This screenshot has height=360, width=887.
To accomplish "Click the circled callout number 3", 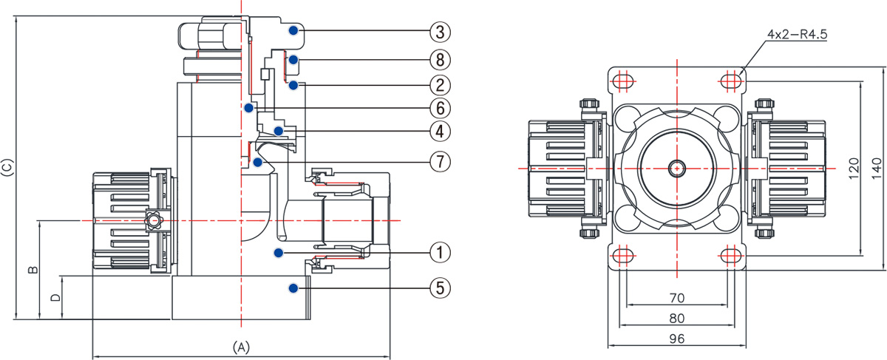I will pos(440,32).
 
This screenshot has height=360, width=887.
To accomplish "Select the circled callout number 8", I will pos(440,58).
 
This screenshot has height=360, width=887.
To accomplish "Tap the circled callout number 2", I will pos(440,84).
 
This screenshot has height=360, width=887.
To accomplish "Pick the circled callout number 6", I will pos(440,108).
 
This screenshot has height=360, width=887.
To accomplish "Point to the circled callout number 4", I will pos(440,132).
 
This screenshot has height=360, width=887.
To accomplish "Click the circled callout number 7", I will pos(440,160).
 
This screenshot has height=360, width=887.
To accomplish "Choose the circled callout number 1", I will pos(440,253).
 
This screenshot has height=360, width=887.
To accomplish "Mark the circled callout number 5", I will pos(440,287).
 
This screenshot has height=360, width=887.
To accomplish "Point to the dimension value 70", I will pos(676,298).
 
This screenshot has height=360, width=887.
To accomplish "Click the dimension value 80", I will pos(676,319).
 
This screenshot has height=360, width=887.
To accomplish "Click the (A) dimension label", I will pos(242,346).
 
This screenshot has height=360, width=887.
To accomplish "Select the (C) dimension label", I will pos(7,167).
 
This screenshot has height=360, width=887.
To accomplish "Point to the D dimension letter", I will pos(55,298).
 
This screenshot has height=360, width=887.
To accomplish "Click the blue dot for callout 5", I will pos(294,287).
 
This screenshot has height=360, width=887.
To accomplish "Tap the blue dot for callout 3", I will pos(294,30).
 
